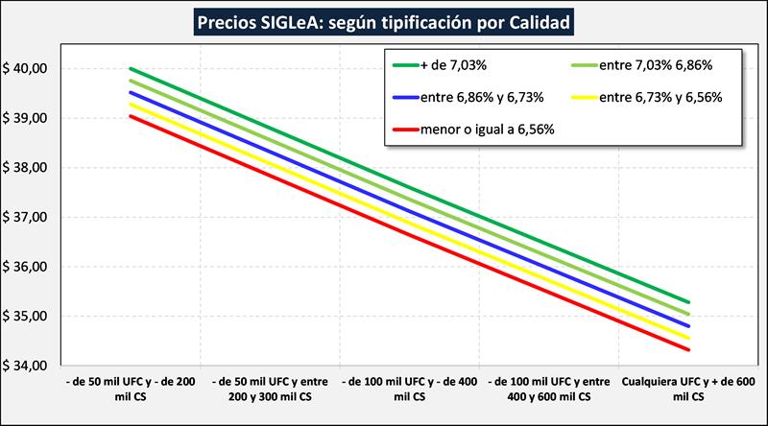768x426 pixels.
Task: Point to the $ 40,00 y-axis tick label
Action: pyautogui.click(x=26, y=69)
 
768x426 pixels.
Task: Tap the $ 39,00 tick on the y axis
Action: pyautogui.click(x=26, y=118)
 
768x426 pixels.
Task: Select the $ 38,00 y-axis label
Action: pyautogui.click(x=26, y=168)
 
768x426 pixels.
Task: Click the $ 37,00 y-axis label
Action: pyautogui.click(x=26, y=218)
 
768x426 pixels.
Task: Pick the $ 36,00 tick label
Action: pyautogui.click(x=26, y=267)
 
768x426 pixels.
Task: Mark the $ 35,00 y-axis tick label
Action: pyautogui.click(x=26, y=317)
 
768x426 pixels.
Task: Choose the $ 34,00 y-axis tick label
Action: pyautogui.click(x=26, y=366)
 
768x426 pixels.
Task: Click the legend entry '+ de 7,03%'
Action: pyautogui.click(x=450, y=65)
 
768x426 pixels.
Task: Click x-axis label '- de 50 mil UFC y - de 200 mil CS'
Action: pyautogui.click(x=131, y=388)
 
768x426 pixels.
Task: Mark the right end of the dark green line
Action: pyautogui.click(x=688, y=302)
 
